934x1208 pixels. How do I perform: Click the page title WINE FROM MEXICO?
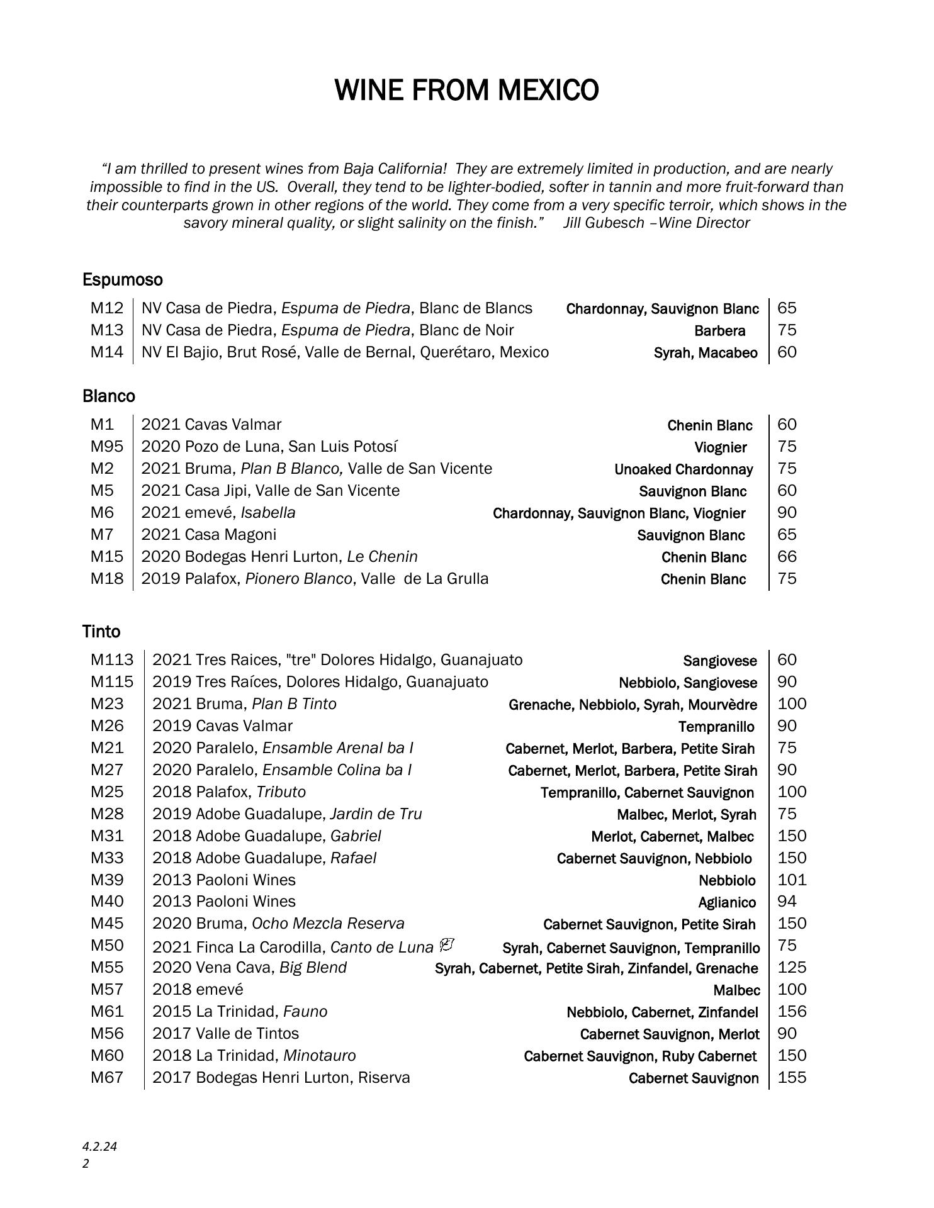click(466, 90)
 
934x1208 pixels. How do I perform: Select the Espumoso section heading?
click(122, 279)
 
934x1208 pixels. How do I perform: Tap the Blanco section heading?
click(108, 396)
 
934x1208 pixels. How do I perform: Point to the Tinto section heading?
click(101, 631)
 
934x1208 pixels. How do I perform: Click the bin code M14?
click(107, 352)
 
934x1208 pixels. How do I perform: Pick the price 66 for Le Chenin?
click(787, 557)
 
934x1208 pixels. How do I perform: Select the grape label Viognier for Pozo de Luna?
click(720, 447)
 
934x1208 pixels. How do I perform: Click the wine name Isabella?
click(267, 513)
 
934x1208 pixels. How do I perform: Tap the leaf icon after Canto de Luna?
click(447, 945)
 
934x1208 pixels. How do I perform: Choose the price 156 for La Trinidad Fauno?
click(792, 1012)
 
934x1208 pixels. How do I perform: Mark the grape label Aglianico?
click(726, 902)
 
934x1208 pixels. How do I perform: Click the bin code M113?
click(112, 660)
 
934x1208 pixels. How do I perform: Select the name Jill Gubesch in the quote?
click(604, 223)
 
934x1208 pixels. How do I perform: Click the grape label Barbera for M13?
click(719, 331)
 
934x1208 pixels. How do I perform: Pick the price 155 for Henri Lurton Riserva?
click(792, 1078)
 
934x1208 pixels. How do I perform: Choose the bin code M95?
click(107, 447)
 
